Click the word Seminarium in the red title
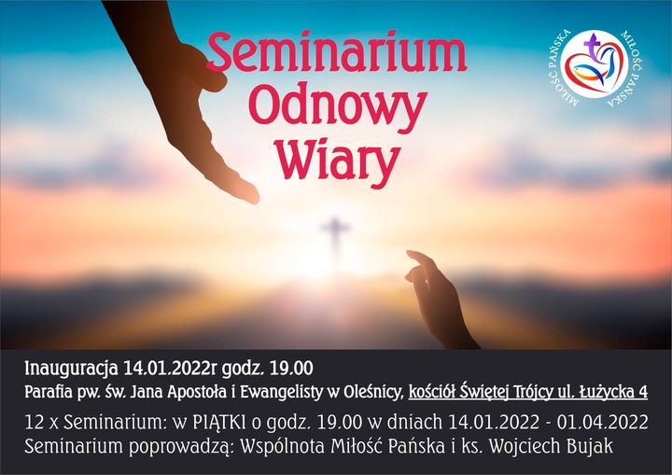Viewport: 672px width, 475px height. pos(336,53)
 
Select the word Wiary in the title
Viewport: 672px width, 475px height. pos(337,160)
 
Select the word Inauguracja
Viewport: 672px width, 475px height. pos(71,369)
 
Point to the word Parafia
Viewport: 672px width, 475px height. pos(49,392)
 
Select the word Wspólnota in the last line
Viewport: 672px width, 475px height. pos(282,447)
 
